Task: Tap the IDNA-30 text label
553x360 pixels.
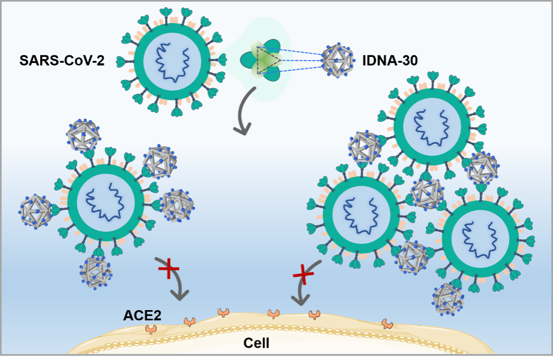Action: coord(390,60)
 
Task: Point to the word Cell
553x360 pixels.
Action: coord(256,342)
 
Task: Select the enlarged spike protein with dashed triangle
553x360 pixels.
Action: coord(265,60)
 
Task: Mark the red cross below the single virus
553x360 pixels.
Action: coord(169,269)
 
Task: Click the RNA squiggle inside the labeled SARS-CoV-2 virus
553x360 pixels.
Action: coord(173,60)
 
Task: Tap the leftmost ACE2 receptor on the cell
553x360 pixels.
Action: coord(151,329)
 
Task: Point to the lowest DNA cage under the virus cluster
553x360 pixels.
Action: coord(448,299)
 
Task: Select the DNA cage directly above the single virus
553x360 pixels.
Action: coord(82,136)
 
